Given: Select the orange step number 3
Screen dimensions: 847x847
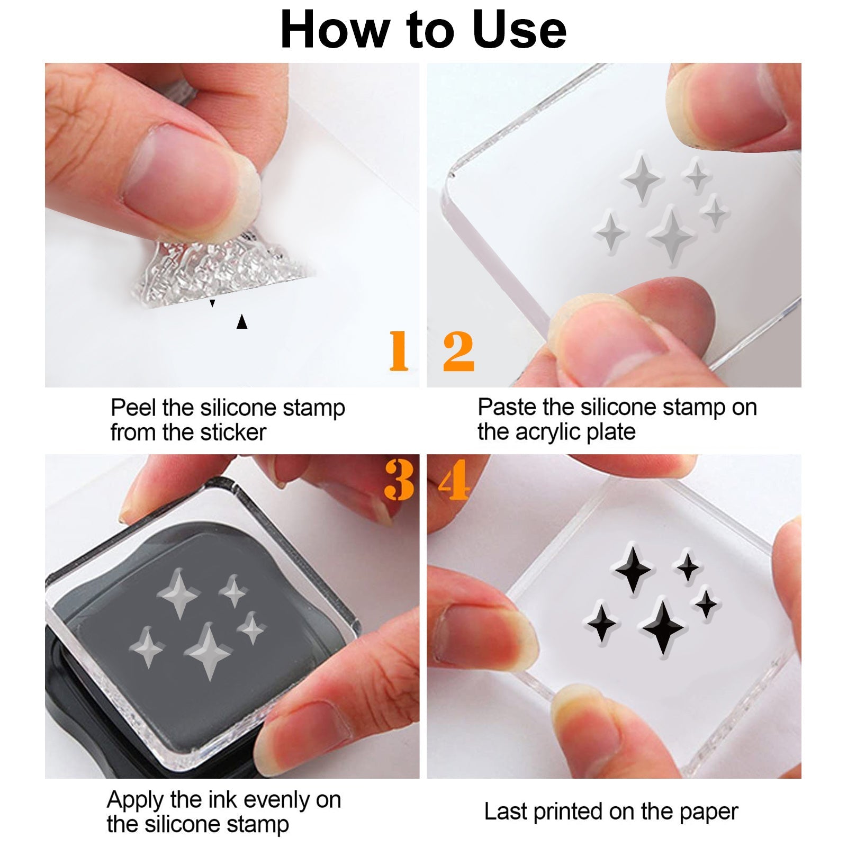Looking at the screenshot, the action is (x=399, y=480).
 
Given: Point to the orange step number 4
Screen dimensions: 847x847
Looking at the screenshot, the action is (x=454, y=480).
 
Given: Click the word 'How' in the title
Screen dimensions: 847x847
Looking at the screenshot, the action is (x=334, y=30).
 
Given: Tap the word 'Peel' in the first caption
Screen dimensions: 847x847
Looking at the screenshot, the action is (x=134, y=408).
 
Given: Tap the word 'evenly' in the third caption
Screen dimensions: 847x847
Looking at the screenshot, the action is (x=276, y=800).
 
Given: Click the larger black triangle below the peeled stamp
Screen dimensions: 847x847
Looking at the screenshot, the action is (x=242, y=321).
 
